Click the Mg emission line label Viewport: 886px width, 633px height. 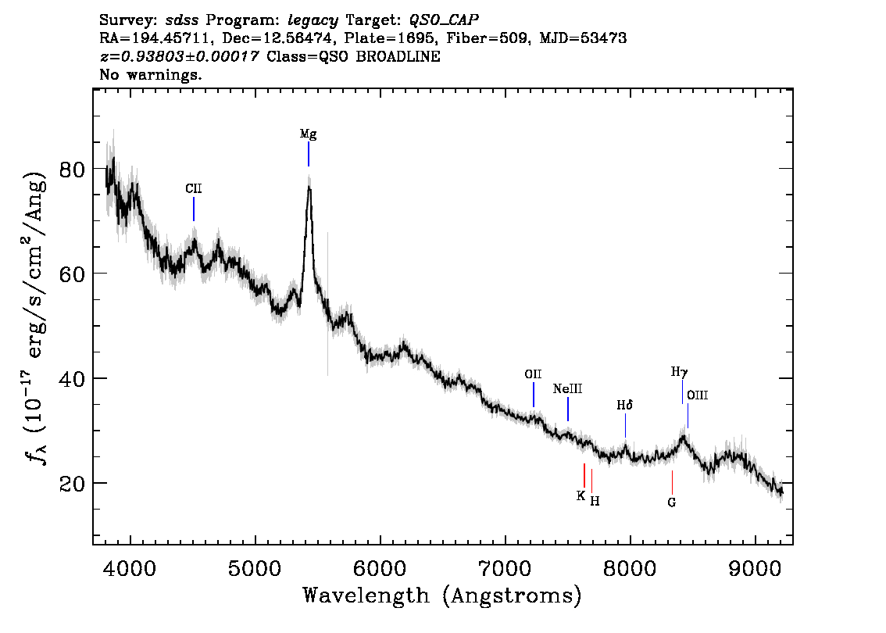(x=308, y=134)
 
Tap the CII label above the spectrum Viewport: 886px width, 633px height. (x=193, y=189)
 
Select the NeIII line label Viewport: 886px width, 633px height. (x=567, y=389)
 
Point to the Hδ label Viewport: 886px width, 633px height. (x=624, y=406)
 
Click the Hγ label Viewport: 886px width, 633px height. (x=679, y=372)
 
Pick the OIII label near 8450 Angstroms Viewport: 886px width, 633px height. (x=697, y=395)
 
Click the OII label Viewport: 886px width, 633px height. (x=533, y=374)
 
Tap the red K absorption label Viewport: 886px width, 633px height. (x=581, y=495)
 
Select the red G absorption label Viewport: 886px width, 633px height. (x=671, y=502)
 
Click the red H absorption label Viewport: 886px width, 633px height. (x=595, y=501)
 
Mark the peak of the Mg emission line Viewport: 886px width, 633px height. (x=309, y=186)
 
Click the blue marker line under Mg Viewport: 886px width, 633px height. (x=309, y=154)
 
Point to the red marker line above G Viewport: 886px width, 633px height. (x=673, y=482)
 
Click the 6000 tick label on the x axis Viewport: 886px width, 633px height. (x=380, y=569)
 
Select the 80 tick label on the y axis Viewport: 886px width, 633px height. (x=72, y=169)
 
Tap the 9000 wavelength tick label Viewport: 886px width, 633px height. (x=755, y=569)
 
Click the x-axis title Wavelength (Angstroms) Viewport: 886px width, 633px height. (x=442, y=595)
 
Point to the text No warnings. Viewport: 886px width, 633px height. (x=150, y=74)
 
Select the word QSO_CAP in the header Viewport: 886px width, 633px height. (x=444, y=20)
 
